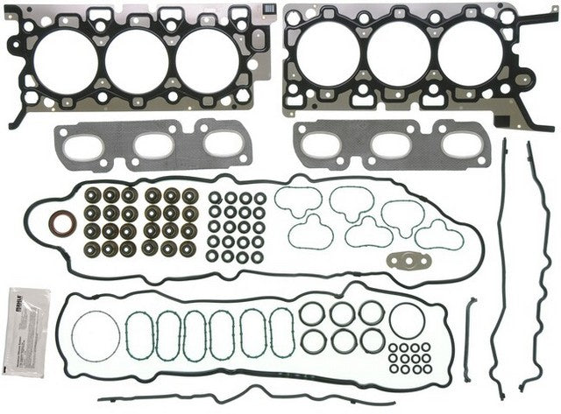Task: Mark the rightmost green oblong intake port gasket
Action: (x=281, y=333)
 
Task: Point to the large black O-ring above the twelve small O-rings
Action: (x=407, y=320)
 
